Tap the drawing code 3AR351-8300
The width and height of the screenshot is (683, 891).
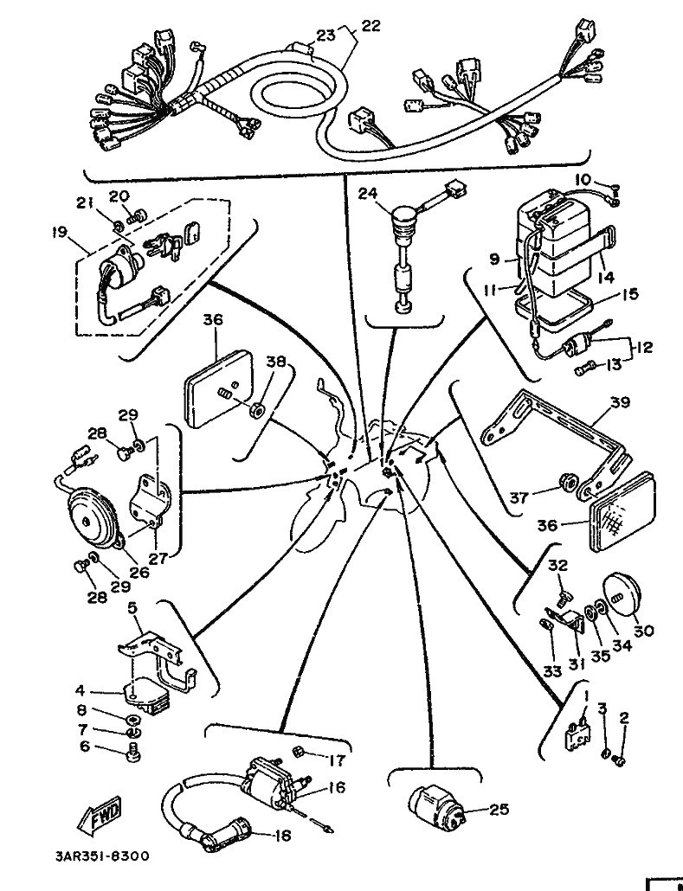tap(102, 856)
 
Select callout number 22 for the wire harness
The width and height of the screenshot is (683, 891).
tap(370, 26)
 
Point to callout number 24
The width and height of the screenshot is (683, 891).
tap(368, 194)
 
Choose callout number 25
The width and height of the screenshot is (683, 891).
tap(499, 809)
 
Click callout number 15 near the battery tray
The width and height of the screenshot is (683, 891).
tap(629, 294)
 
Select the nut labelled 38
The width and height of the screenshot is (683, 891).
tap(257, 409)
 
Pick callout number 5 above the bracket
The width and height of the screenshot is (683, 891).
tap(132, 609)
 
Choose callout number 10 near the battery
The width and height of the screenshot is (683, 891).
tap(583, 180)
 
